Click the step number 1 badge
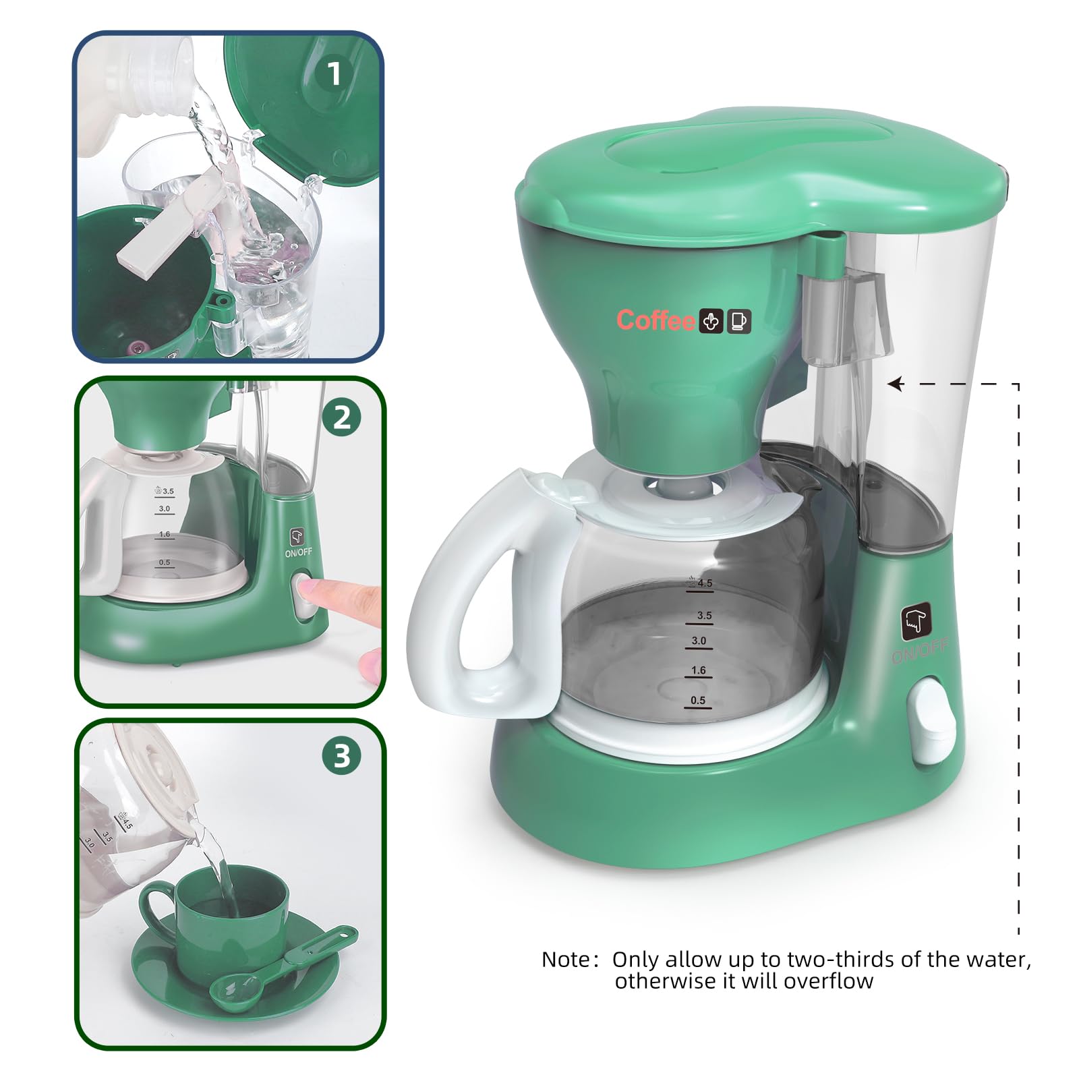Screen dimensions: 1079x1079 [334, 74]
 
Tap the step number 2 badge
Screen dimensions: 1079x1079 [342, 417]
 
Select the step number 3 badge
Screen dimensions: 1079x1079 [342, 756]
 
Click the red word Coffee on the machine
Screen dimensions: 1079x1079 [655, 320]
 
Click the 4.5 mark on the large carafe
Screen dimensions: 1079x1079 [701, 583]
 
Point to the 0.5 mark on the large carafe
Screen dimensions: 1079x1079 [698, 701]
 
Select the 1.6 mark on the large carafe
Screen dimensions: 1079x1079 [699, 670]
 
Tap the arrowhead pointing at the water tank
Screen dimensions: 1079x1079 [895, 384]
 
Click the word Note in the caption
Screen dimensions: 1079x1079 [565, 960]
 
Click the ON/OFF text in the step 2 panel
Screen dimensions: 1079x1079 [298, 552]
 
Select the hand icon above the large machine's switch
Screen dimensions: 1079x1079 [916, 622]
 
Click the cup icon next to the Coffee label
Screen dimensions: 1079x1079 [738, 321]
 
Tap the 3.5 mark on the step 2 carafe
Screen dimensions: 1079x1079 [166, 491]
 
